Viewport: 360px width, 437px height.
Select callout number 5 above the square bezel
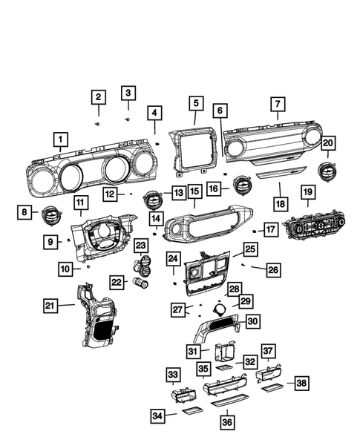195,102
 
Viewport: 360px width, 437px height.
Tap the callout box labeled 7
278,105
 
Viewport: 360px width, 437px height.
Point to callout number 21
50,305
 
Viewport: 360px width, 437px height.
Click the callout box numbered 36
226,421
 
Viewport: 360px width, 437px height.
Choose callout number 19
308,193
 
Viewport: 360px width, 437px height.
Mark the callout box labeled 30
252,321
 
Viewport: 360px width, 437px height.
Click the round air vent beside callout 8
54,214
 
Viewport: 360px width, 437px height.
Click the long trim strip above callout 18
281,171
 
